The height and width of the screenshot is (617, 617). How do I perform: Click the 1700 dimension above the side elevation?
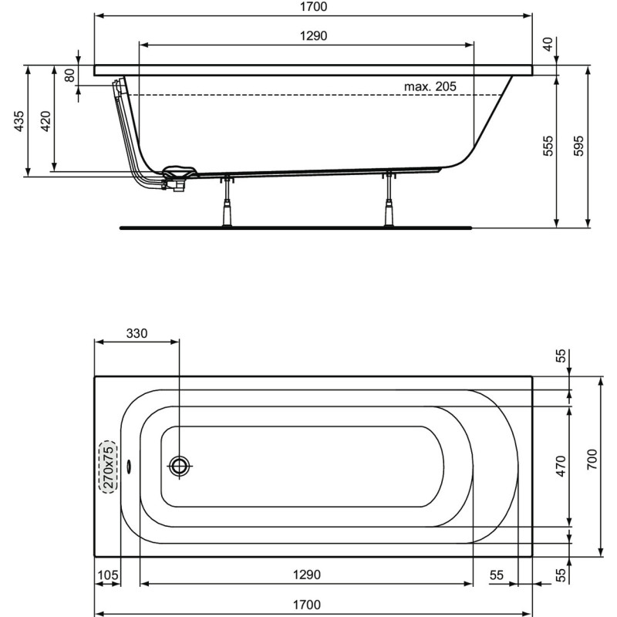[312, 7]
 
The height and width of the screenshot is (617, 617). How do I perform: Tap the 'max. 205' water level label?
[430, 86]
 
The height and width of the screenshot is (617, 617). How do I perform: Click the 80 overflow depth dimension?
[69, 76]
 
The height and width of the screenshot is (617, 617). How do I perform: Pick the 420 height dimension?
[46, 121]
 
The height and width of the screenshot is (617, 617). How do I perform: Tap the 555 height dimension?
[548, 146]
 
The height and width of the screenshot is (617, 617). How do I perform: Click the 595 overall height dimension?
[578, 146]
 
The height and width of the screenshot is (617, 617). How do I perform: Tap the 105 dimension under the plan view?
[107, 575]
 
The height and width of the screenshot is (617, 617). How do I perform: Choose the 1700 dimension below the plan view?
[312, 605]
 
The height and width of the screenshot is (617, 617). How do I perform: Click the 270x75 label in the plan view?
[108, 467]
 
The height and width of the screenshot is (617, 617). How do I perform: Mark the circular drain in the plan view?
[179, 465]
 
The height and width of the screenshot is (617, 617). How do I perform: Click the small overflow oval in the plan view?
[129, 466]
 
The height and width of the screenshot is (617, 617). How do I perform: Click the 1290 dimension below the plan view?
[307, 575]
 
